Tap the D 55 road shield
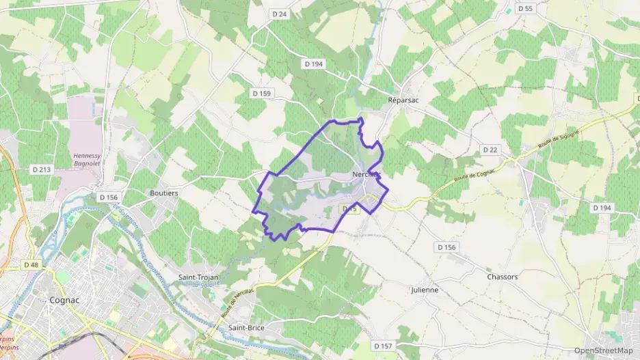[525, 8]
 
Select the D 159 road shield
[262, 93]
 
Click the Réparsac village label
[403, 99]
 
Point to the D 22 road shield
[490, 150]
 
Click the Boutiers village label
[164, 193]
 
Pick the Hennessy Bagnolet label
[87, 160]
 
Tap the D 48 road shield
[31, 264]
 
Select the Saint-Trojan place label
[198, 277]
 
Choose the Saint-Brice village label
[246, 328]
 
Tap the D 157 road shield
[384, 346]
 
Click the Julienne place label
[424, 290]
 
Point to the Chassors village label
[503, 277]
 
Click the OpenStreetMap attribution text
[603, 350]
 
